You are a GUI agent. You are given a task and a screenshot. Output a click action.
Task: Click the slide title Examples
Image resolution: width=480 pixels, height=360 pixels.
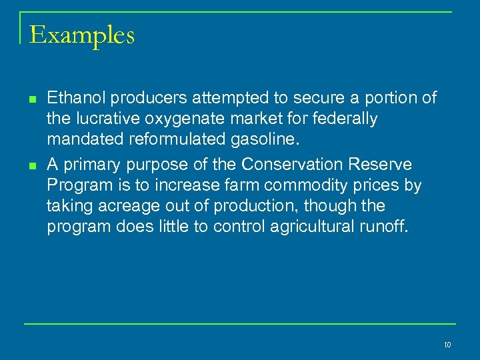click(82, 35)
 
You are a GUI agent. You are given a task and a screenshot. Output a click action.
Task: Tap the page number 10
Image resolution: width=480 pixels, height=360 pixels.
click(447, 345)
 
